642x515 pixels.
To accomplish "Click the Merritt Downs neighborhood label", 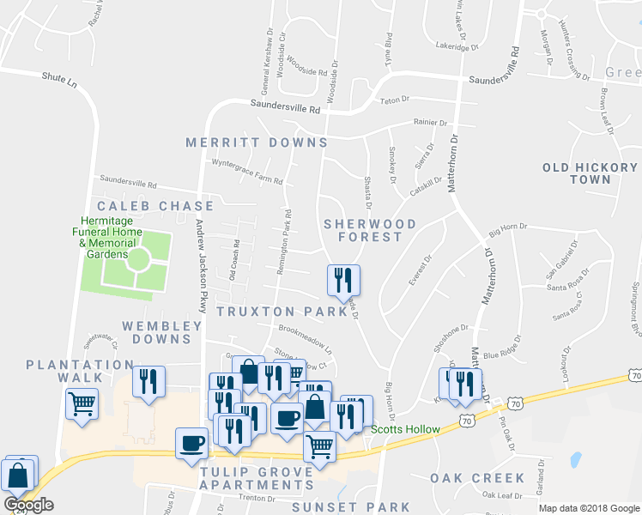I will [257, 142].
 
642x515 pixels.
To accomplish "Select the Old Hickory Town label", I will [589, 173].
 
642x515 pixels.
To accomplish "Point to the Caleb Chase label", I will [155, 206].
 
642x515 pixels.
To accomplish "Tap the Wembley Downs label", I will [161, 332].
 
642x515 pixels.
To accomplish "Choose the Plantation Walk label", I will [80, 371].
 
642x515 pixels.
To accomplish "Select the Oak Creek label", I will [477, 477].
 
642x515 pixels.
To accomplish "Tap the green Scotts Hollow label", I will [406, 429].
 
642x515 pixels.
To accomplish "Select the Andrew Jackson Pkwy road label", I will [203, 266].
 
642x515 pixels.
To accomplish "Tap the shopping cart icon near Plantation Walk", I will [82, 402].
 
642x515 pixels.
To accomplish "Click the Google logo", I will [29, 505].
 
